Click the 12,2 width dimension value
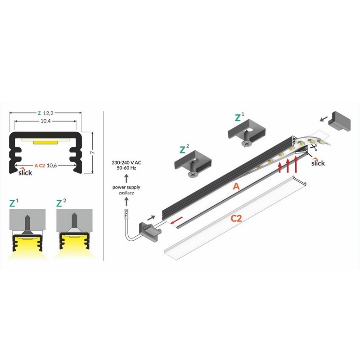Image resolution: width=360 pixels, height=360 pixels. tap(48, 113)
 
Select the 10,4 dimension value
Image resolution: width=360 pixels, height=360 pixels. tap(45, 121)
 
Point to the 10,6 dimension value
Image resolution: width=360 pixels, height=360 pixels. tap(52, 165)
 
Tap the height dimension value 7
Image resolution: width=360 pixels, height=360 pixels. tap(93, 153)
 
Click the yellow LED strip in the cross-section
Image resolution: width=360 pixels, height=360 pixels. tap(45, 143)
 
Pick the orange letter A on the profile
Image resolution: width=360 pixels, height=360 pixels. tap(236, 186)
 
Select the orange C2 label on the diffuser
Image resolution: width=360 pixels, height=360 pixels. tap(236, 218)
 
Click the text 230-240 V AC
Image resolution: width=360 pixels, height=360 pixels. tap(126, 162)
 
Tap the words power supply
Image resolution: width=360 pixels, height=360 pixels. tap(126, 187)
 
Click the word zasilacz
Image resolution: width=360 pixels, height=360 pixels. tap(126, 193)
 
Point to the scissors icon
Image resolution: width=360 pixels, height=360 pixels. tap(313, 148)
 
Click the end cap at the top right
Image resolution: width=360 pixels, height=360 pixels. tap(339, 121)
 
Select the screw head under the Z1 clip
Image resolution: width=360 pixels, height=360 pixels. tap(247, 144)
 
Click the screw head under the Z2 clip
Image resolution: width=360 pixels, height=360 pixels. tap(193, 175)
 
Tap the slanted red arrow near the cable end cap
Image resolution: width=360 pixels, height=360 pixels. tap(177, 220)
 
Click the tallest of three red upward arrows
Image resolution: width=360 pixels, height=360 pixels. tap(296, 164)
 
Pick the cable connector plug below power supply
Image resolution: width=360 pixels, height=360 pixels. tap(126, 213)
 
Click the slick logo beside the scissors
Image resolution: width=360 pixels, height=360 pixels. tap(318, 162)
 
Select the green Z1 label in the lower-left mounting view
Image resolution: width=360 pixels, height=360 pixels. tap(13, 203)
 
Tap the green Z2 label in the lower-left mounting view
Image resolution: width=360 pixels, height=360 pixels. tap(61, 203)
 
